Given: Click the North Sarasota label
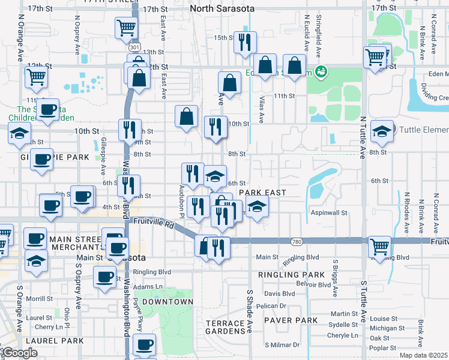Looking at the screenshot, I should click(222, 9).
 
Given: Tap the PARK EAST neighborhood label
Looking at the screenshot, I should click(262, 193).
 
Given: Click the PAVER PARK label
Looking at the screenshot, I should click(293, 320).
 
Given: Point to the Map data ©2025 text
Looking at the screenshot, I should click(423, 355).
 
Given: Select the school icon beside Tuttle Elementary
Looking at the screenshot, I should click(381, 131).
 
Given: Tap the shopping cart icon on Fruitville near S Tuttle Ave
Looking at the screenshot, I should click(379, 245).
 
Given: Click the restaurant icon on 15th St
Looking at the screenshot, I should click(245, 42).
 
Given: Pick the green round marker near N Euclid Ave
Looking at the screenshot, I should click(321, 72).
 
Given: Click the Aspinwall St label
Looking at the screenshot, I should click(329, 213).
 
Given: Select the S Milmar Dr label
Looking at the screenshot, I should click(282, 345).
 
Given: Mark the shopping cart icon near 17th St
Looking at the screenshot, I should click(126, 27).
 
